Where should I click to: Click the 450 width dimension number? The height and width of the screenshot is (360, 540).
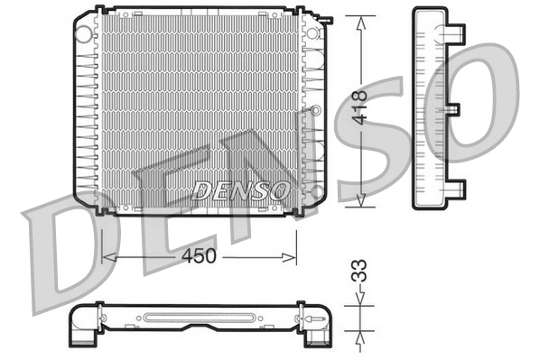tap(199, 256)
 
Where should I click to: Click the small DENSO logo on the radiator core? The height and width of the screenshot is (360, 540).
tap(241, 190)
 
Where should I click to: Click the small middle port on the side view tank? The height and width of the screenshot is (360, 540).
tap(453, 110)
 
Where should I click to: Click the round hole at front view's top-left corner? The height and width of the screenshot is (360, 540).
tap(84, 34)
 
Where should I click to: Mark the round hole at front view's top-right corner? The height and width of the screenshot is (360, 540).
tap(313, 33)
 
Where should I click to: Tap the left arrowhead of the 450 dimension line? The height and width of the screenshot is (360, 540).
tap(107, 257)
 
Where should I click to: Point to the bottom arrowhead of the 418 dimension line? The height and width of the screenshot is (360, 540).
tap(361, 202)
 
